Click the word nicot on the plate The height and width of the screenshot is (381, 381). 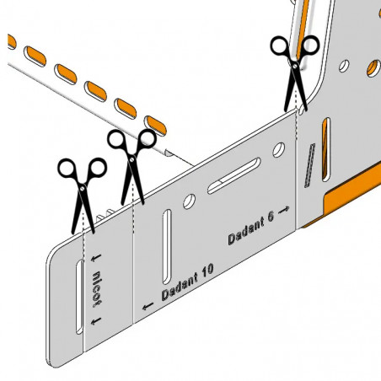[x=97, y=289]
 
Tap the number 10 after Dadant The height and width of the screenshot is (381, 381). [x=207, y=271]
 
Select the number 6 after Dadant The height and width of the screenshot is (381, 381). [x=270, y=217]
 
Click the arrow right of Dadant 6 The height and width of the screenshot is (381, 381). [x=283, y=210]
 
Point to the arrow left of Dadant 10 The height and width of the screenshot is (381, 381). [x=148, y=306]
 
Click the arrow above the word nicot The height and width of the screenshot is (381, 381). [x=96, y=258]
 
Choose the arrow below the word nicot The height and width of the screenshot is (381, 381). [x=96, y=321]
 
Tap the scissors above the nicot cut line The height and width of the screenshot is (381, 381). [x=82, y=196]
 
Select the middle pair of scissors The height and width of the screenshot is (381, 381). [x=131, y=166]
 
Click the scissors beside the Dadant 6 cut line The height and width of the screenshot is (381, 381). [x=295, y=73]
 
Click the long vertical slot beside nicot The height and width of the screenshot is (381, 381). [x=79, y=297]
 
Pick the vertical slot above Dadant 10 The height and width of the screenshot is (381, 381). [x=167, y=246]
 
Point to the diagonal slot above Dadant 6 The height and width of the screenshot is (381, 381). [x=234, y=176]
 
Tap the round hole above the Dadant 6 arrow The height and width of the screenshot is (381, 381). [x=279, y=150]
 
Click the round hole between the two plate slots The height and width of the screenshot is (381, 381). [x=190, y=201]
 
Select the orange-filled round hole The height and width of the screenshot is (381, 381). [x=373, y=68]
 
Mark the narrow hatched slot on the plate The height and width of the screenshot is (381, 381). [x=310, y=165]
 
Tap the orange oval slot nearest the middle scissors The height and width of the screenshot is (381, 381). [x=155, y=126]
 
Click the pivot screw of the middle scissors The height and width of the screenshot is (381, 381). [x=132, y=159]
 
